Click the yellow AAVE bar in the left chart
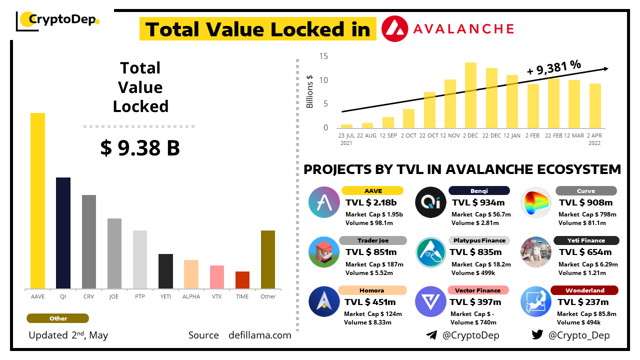click(x=37, y=200)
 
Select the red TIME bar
click(x=242, y=280)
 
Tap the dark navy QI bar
click(x=63, y=233)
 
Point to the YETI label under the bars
click(x=165, y=296)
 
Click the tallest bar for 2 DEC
click(x=470, y=95)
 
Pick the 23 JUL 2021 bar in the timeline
click(x=346, y=126)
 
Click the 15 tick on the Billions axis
click(x=323, y=56)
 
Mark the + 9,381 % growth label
click(x=554, y=67)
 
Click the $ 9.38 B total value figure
click(x=140, y=148)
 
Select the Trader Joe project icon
click(x=324, y=251)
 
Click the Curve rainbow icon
click(x=536, y=202)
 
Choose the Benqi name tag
click(x=479, y=190)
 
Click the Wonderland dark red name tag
click(x=584, y=290)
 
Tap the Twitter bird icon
click(x=537, y=335)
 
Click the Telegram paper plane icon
click(x=431, y=335)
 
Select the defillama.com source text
click(x=259, y=335)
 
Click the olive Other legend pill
click(x=58, y=318)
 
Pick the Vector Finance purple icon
click(x=430, y=301)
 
